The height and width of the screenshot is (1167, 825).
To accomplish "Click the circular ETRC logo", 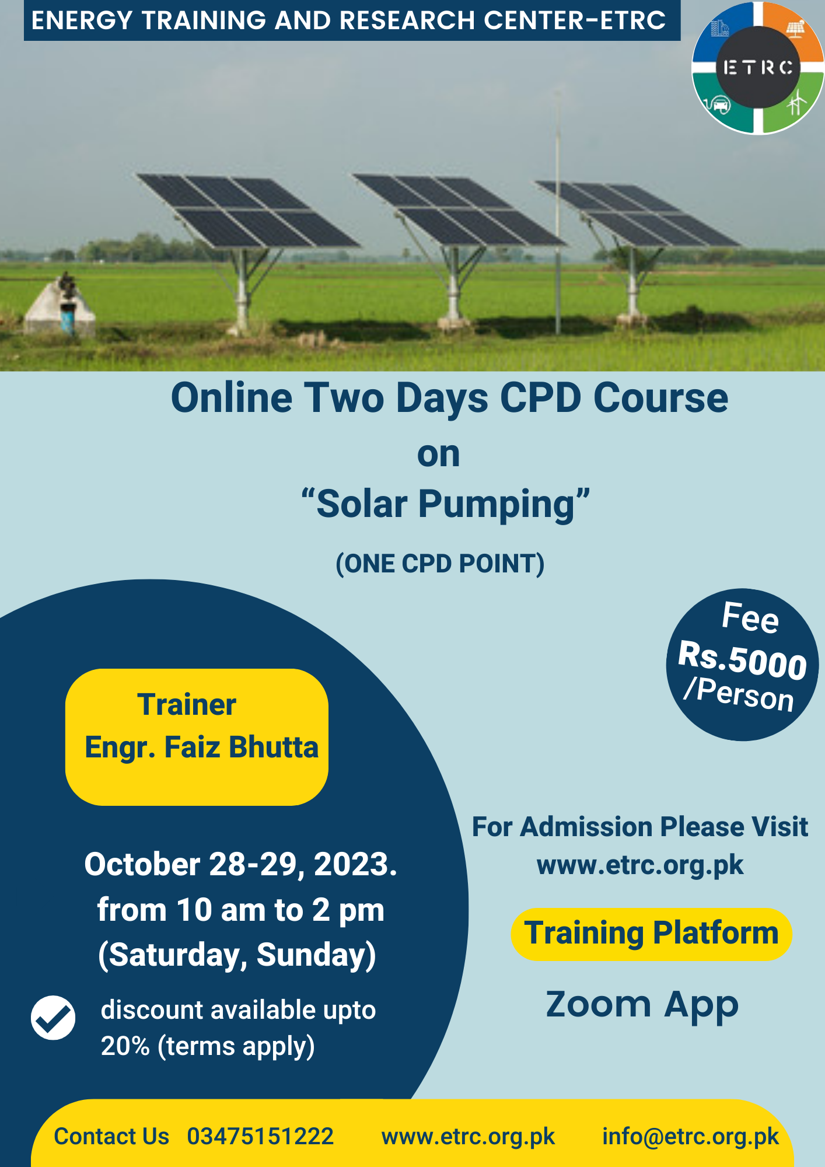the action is tap(757, 68).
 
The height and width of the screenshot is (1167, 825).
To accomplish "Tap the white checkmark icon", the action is tap(53, 1018).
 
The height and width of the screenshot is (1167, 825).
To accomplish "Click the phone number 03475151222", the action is tap(260, 1137).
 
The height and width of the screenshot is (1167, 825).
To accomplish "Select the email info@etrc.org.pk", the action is tap(690, 1137).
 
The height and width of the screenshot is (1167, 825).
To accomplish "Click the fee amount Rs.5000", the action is tap(742, 661).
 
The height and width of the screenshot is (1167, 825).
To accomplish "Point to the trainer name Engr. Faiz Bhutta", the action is tap(202, 747).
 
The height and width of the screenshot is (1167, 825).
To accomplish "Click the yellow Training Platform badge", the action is tap(652, 934).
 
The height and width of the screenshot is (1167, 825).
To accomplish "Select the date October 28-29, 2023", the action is tap(240, 864).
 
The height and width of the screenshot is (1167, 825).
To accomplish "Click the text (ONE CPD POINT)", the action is tap(440, 564).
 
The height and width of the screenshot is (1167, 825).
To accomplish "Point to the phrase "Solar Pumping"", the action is tap(446, 504).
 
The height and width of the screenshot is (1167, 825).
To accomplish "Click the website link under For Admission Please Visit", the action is tap(640, 865).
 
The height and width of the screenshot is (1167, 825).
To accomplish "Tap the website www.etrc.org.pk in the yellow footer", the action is tap(468, 1137).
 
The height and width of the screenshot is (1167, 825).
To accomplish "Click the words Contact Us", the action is tap(111, 1137).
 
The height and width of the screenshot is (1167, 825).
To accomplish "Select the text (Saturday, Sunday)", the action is tap(237, 955).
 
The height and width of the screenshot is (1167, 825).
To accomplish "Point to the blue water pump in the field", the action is tap(68, 319).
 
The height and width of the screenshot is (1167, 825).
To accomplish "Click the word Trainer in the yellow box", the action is tap(187, 704).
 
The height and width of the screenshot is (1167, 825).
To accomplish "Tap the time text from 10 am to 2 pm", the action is tap(240, 910).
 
